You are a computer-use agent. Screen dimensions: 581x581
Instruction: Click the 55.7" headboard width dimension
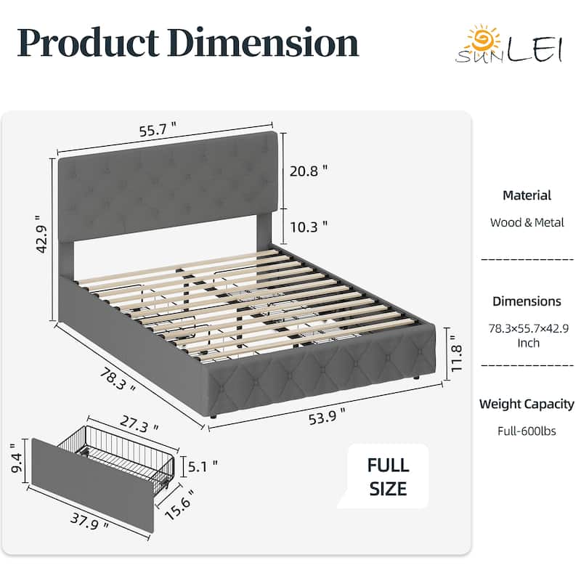[x=158, y=130]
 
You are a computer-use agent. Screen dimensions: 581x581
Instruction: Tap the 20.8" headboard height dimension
[x=309, y=171]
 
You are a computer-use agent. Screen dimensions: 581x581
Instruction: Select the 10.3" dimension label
[x=309, y=227]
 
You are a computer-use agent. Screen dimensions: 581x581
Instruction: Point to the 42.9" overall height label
[x=42, y=234]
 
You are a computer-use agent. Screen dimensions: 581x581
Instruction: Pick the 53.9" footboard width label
[x=328, y=416]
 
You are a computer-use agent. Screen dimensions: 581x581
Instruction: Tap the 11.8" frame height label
[x=457, y=354]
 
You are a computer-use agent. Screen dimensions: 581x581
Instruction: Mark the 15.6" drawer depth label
[x=179, y=505]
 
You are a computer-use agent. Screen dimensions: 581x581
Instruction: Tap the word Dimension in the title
[x=264, y=43]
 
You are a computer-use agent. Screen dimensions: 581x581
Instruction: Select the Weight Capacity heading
[x=527, y=404]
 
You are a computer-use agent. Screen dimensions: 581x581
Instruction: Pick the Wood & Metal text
[x=527, y=222]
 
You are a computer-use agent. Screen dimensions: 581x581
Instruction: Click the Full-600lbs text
[x=527, y=431]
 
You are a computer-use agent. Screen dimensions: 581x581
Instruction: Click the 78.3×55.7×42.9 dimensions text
[x=529, y=329]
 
